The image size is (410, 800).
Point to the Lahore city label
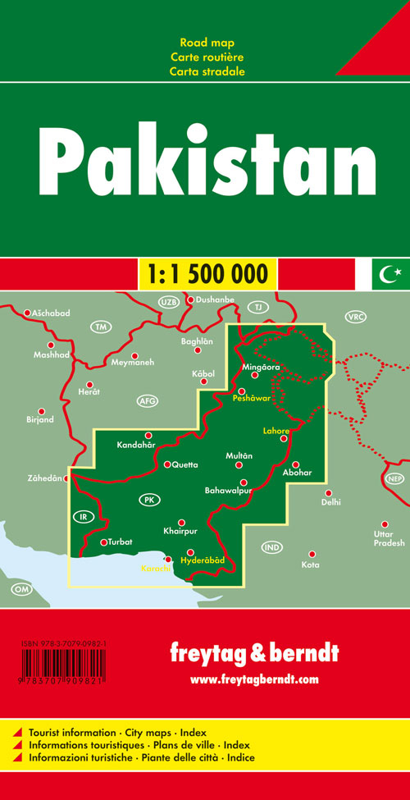point(276,429)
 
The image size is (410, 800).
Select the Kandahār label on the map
point(135,447)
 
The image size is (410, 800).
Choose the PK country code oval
point(149,500)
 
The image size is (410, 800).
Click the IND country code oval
point(272,547)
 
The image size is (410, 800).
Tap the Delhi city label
point(331,502)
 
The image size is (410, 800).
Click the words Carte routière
point(208,57)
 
